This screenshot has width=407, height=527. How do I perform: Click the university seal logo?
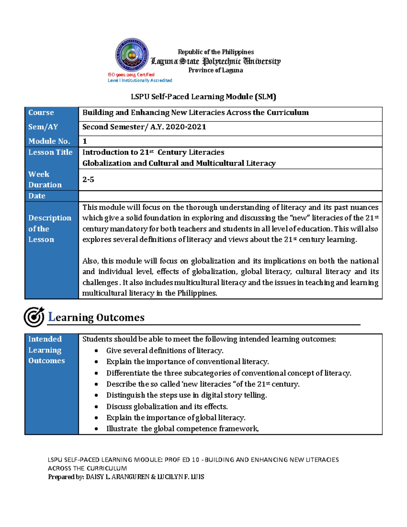[x=132, y=55]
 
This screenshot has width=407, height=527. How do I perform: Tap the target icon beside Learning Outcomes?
[x=34, y=317]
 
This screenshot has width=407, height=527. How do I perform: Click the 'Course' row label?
[x=41, y=113]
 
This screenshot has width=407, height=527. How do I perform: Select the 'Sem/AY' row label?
[x=43, y=127]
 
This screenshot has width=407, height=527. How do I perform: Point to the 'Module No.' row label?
[x=49, y=141]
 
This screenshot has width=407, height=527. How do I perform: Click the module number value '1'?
[x=85, y=141]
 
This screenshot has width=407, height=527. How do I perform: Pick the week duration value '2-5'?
[x=88, y=180]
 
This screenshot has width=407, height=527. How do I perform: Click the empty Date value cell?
[x=230, y=196]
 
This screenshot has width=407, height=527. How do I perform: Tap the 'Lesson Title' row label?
[x=51, y=152]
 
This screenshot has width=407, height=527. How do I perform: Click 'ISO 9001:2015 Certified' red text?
[x=131, y=75]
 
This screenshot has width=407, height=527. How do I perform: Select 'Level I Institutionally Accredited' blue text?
[x=140, y=80]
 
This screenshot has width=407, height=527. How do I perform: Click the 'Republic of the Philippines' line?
[x=216, y=52]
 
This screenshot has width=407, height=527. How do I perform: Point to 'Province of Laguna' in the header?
[x=215, y=70]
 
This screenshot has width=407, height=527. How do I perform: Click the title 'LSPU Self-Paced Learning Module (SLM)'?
[x=203, y=97]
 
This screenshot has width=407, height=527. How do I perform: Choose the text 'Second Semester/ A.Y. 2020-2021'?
[x=144, y=127]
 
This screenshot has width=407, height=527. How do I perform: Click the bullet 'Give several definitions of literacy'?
[x=164, y=351]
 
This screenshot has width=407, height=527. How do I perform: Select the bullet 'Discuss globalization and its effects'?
[x=167, y=407]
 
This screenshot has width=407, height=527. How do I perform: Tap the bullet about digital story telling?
[x=187, y=395]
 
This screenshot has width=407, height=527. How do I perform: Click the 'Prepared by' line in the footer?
[x=126, y=477]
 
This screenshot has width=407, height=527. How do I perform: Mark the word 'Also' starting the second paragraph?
[x=90, y=261]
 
